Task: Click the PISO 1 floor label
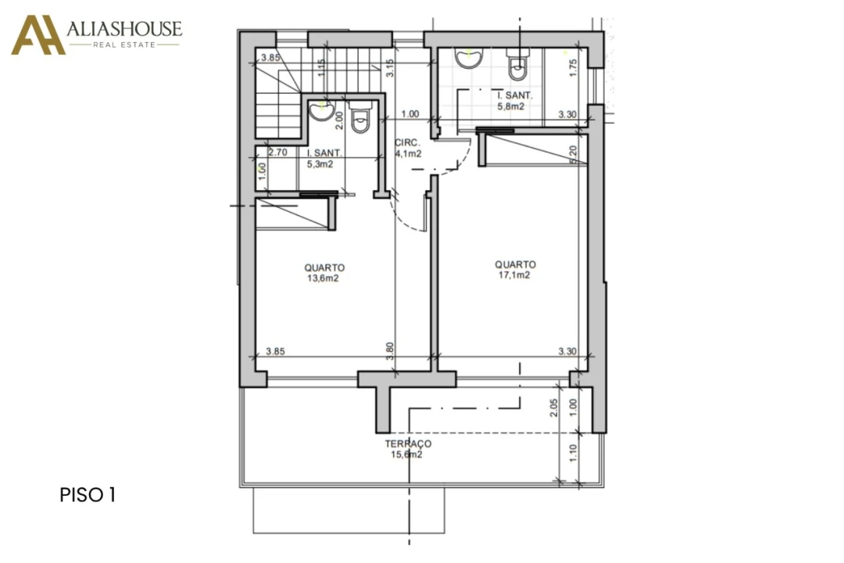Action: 88,494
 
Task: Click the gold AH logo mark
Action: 38,35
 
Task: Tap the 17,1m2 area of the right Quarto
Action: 514,275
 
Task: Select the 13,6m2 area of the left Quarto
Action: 323,278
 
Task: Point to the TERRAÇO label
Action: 408,444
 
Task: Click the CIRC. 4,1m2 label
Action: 408,148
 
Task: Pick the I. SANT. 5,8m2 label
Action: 514,101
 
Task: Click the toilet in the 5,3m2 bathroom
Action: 359,117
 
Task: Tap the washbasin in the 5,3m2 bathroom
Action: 322,110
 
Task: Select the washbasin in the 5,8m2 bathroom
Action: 469,58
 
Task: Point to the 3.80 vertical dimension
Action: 390,351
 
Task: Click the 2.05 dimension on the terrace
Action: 554,407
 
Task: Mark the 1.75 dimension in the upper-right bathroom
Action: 573,68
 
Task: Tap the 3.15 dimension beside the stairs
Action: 390,68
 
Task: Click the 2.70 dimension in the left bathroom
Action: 277,152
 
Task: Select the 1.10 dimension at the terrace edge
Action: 573,453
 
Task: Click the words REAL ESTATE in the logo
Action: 124,45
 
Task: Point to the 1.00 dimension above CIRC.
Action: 410,114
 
